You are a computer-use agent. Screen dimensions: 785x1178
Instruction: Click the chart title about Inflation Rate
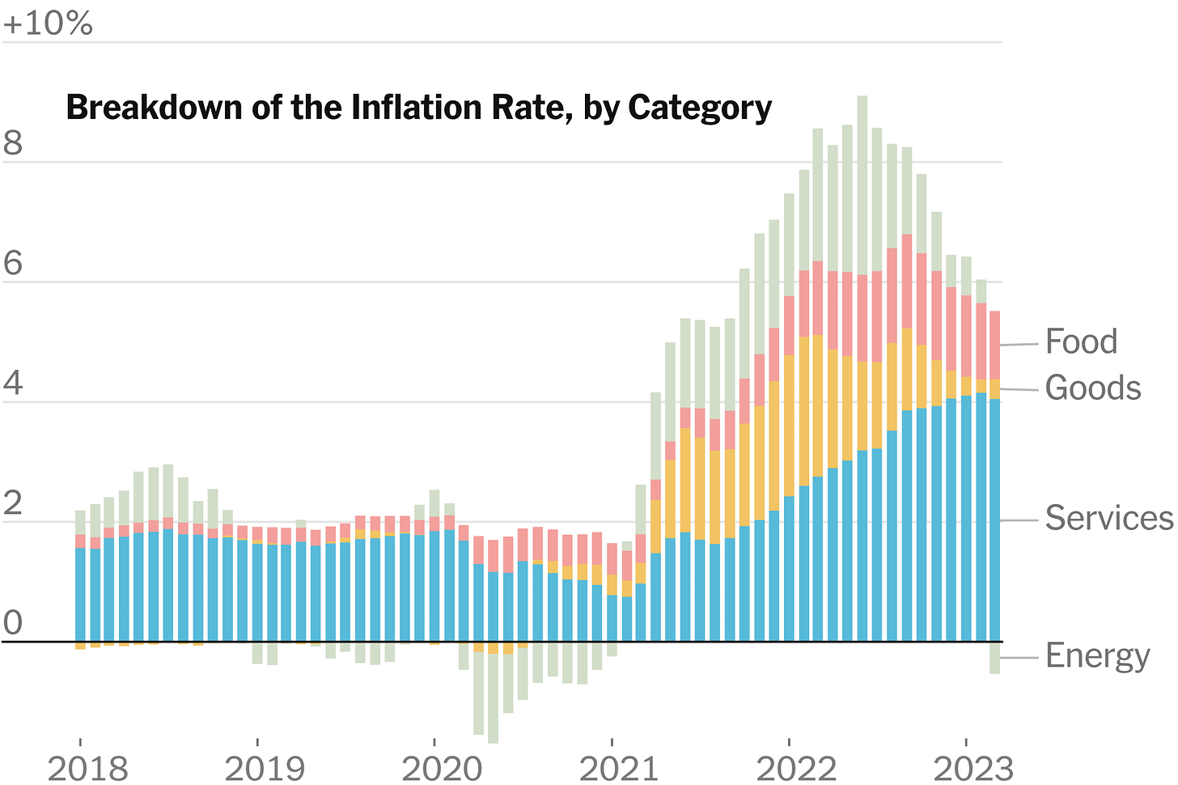click(418, 108)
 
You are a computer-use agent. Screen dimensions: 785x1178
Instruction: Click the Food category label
click(1081, 342)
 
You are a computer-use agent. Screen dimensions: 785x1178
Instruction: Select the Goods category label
click(1092, 388)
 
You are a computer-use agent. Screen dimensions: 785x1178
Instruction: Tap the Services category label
click(1108, 518)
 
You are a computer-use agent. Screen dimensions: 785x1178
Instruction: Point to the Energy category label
click(1097, 656)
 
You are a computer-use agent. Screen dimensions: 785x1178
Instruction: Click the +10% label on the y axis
click(48, 23)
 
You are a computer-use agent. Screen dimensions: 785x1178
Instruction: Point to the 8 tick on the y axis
click(13, 143)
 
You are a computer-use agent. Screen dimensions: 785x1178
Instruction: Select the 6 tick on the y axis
click(13, 264)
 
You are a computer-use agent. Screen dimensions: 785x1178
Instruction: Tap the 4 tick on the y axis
click(13, 384)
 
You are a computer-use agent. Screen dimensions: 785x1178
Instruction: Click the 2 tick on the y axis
click(13, 503)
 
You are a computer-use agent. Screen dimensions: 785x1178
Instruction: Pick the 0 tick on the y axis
click(13, 623)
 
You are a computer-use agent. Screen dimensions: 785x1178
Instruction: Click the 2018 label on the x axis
click(87, 768)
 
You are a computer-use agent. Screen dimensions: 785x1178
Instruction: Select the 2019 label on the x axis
click(265, 768)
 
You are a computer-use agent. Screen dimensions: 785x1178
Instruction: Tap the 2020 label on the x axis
click(442, 768)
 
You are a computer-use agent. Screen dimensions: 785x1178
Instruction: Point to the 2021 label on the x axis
click(619, 768)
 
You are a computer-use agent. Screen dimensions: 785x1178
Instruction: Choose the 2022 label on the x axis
click(796, 768)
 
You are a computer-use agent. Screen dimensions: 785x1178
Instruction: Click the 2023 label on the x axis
click(973, 768)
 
